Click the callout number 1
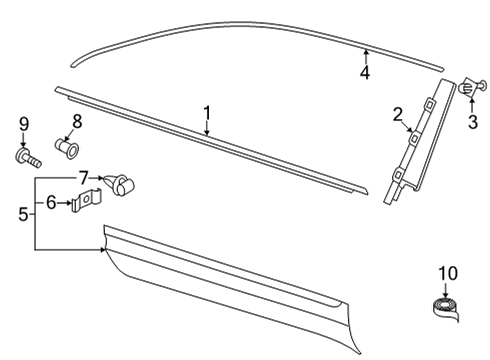tap(207, 113)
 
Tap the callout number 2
tap(398, 115)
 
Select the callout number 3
tap(473, 122)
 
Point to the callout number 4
tap(365, 72)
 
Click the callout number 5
tap(23, 214)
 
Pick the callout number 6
tap(51, 202)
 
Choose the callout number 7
tap(84, 178)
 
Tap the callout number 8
tap(77, 121)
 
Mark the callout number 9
tap(24, 124)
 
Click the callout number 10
tap(448, 273)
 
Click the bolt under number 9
tap(28, 158)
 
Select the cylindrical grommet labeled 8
tap(67, 148)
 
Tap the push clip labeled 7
tap(119, 184)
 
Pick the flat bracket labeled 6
tap(86, 200)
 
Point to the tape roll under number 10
tap(446, 309)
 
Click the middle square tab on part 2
tap(415, 137)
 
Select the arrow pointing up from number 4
tap(366, 56)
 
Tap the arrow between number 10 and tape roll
tap(446, 291)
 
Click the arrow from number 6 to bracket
tap(64, 203)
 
